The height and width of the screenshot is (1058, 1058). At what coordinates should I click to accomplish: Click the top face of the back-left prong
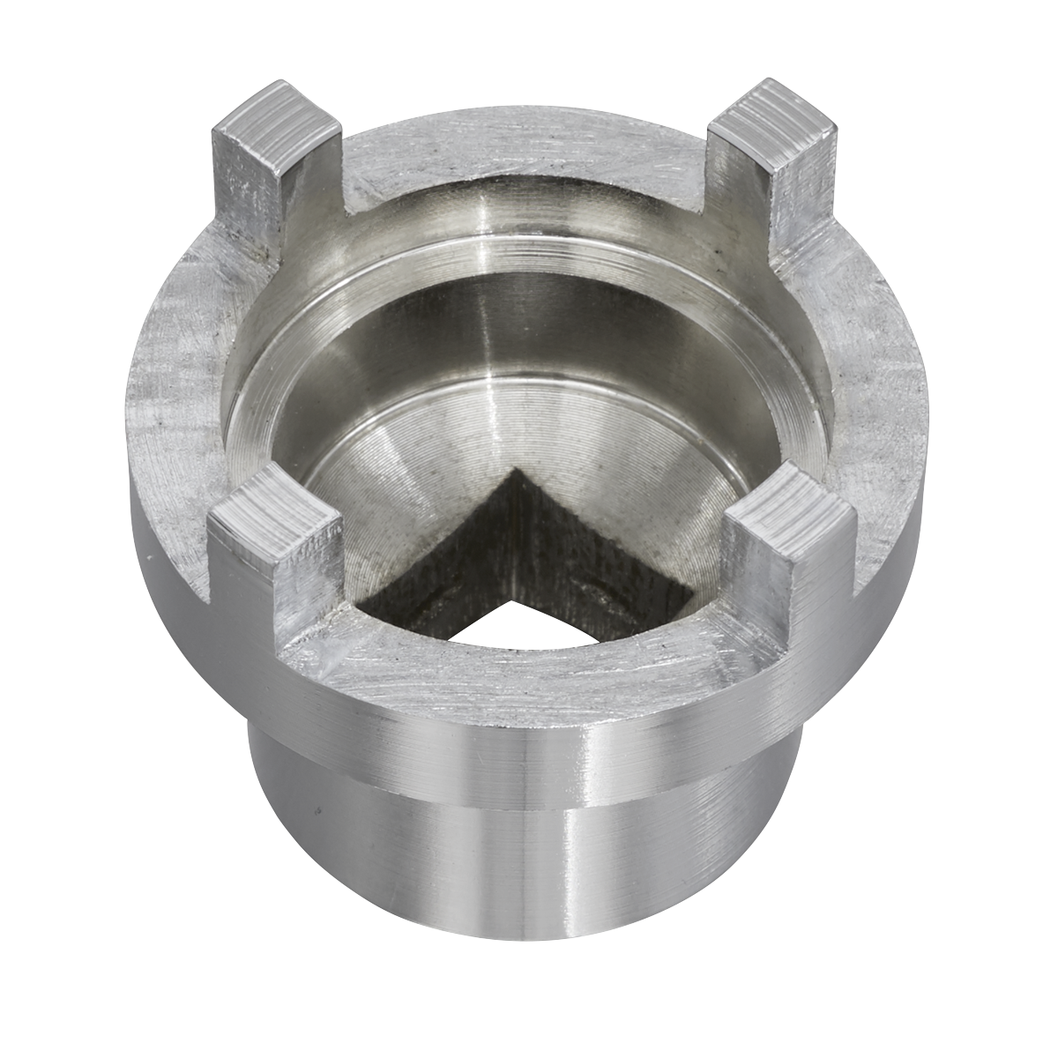[x=275, y=110]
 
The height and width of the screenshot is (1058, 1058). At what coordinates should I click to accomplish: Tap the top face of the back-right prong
[x=778, y=111]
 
